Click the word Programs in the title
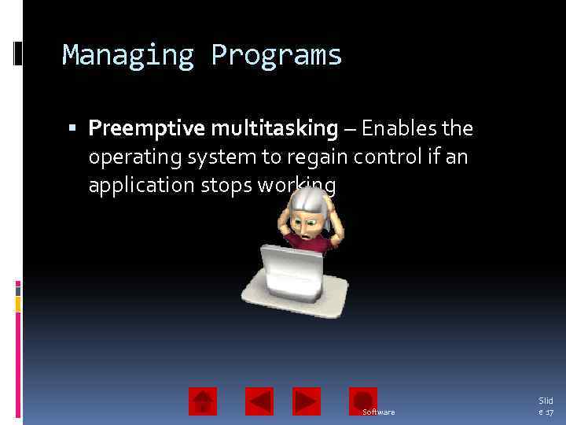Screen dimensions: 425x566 tap(276, 56)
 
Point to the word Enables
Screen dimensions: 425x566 tap(400, 128)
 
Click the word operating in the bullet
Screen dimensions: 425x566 tap(134, 157)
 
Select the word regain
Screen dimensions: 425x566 tap(318, 157)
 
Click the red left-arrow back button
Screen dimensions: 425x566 tap(259, 401)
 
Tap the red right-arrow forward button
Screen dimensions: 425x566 tap(307, 401)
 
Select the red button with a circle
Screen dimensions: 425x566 tap(363, 401)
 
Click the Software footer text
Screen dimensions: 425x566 tap(379, 412)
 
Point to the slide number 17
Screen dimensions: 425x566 tap(548, 412)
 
